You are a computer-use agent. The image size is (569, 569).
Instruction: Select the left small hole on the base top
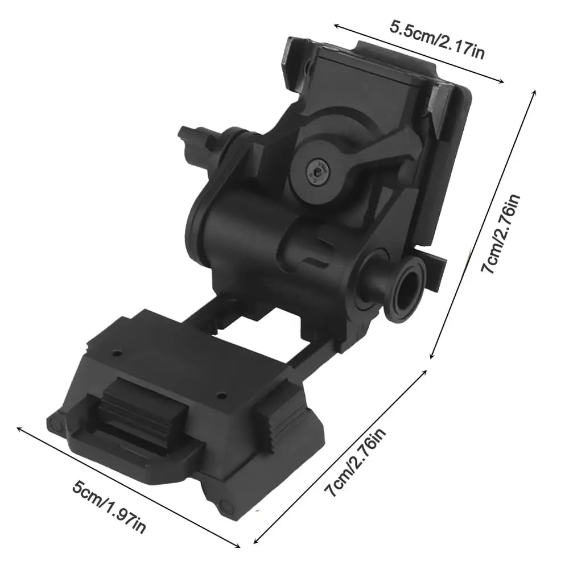pyautogui.click(x=117, y=353)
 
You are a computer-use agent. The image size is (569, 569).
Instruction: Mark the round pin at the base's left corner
pyautogui.click(x=56, y=423)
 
